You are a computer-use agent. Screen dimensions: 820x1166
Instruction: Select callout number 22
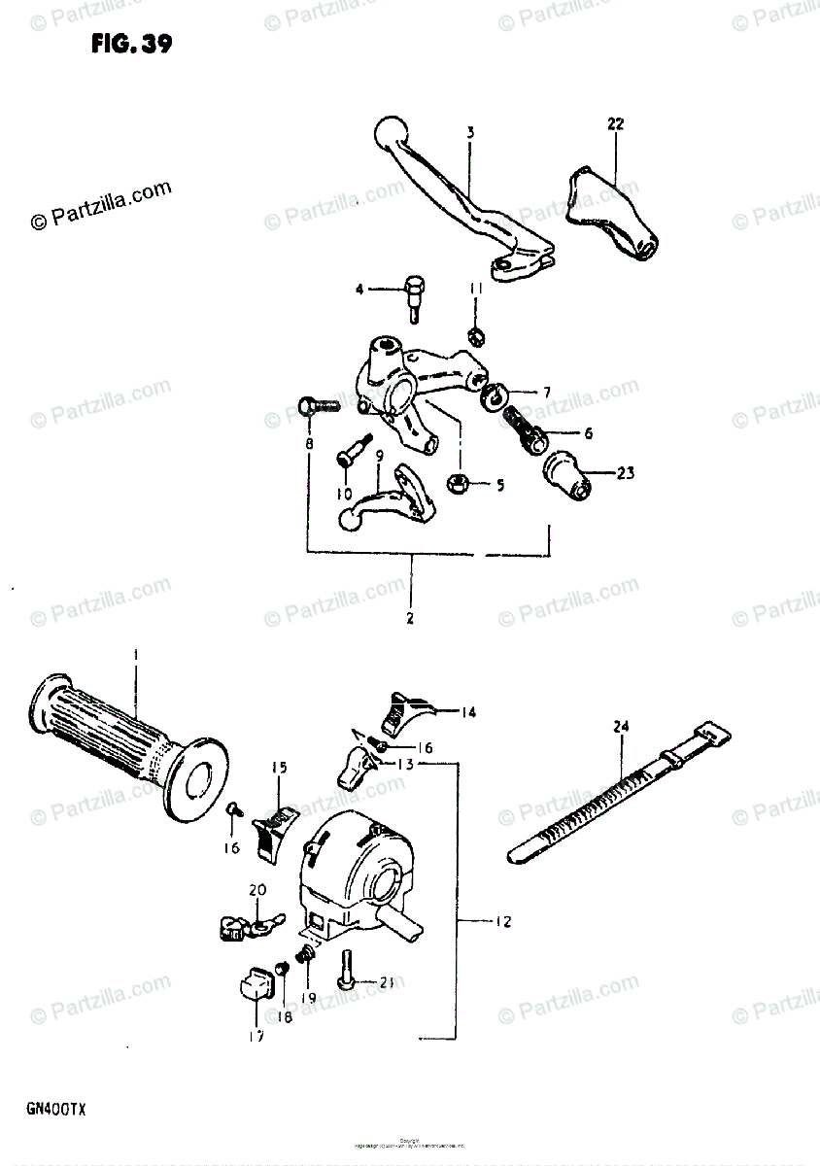click(616, 124)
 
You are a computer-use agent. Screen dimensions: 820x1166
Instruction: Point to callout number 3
click(469, 132)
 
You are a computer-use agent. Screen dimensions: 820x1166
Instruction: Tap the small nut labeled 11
click(476, 336)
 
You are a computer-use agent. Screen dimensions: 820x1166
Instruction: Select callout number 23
click(624, 474)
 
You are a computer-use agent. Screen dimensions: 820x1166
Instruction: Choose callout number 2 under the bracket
click(410, 618)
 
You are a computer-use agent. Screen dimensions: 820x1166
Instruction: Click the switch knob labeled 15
click(271, 832)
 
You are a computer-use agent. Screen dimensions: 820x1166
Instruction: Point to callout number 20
click(256, 890)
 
